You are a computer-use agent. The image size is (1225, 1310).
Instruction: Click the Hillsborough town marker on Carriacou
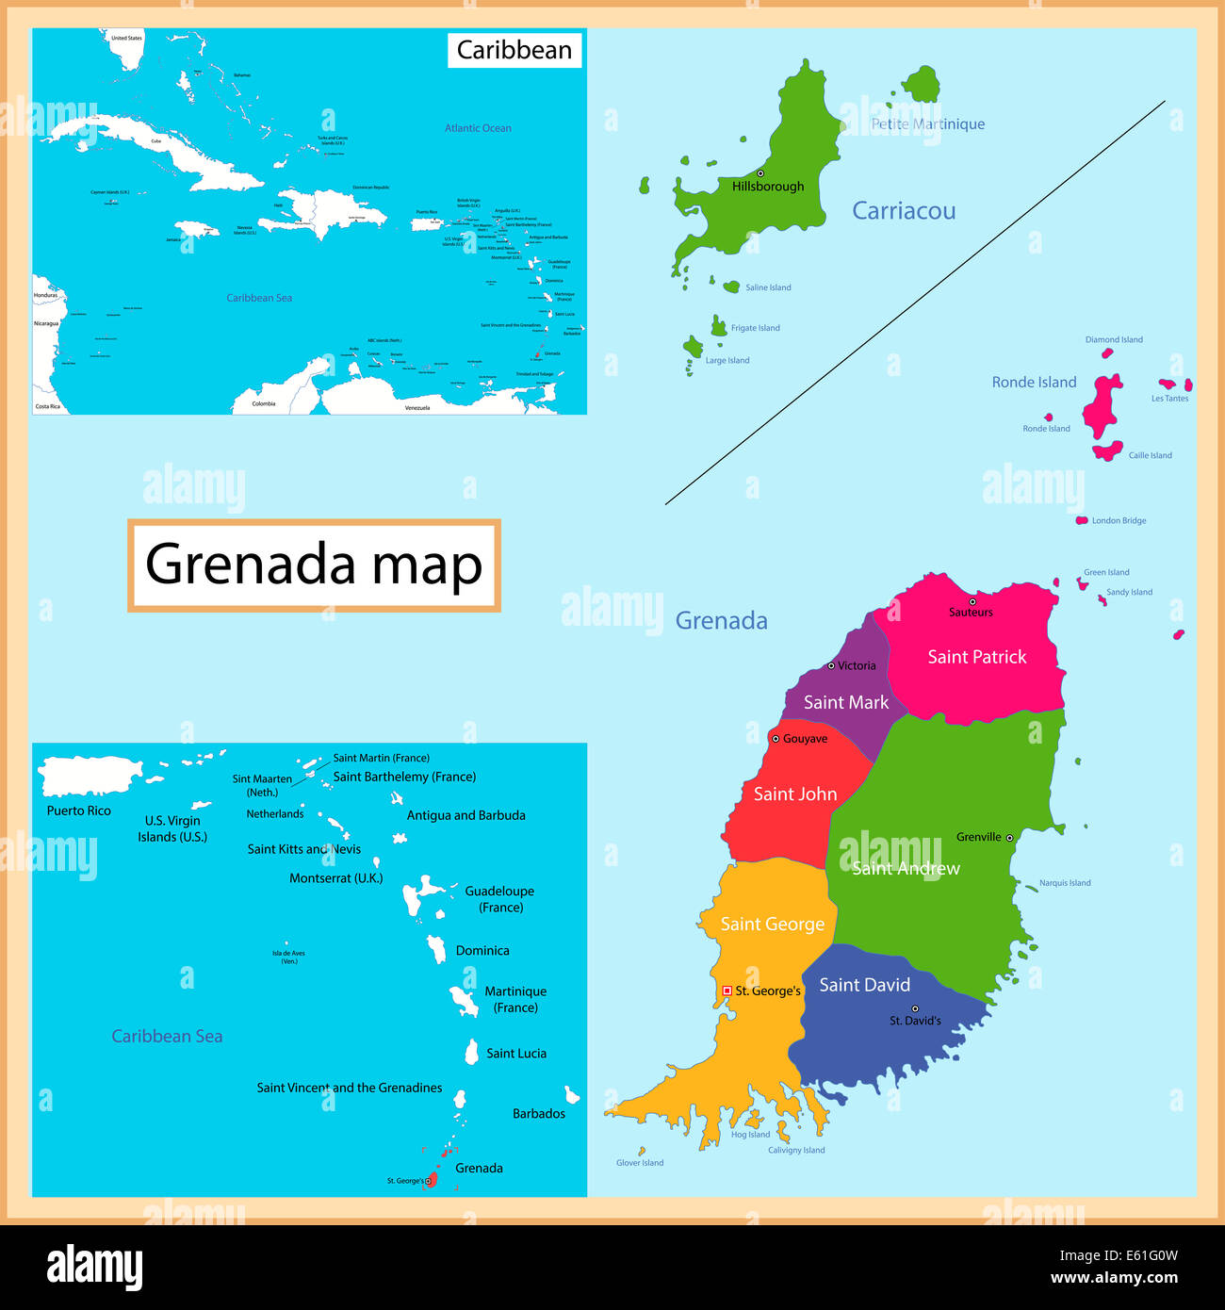[760, 173]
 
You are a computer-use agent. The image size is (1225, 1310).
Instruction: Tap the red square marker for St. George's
[727, 991]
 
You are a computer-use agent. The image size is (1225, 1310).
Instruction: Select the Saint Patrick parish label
[977, 657]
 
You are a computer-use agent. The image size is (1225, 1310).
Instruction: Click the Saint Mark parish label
[845, 702]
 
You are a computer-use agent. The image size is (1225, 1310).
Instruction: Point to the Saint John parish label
[794, 794]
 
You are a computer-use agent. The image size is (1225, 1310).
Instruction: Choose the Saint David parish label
[864, 985]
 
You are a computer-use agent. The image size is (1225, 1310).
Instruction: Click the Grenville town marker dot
[1009, 837]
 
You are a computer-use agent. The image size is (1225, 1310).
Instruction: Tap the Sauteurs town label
[971, 613]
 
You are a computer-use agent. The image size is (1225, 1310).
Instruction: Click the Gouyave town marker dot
[776, 739]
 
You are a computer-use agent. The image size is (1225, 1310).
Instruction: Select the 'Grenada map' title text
[314, 565]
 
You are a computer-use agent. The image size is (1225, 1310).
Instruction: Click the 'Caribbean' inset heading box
[514, 50]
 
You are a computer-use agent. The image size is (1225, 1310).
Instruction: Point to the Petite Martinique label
[927, 124]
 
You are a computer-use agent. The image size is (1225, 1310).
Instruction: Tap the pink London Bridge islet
[1082, 520]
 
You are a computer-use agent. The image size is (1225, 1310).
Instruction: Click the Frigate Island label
[755, 328]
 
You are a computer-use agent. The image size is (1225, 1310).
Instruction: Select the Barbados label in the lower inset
[538, 1114]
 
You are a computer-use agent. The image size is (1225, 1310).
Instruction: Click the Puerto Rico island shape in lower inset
[90, 777]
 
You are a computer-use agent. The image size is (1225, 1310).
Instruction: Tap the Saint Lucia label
[515, 1054]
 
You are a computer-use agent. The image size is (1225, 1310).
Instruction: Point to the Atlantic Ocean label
[478, 128]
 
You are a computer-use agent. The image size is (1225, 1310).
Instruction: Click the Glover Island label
[640, 1163]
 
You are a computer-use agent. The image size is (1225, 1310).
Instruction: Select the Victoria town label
[857, 665]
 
